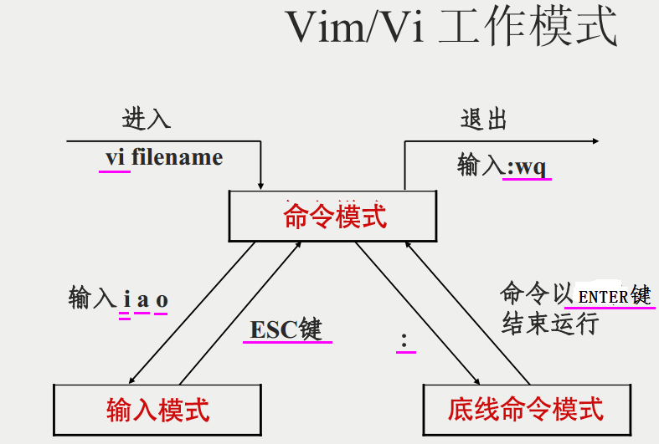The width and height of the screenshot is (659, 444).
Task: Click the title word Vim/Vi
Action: (356, 28)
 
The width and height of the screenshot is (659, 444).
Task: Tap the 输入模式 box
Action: (157, 409)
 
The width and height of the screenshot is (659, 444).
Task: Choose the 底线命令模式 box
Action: (525, 409)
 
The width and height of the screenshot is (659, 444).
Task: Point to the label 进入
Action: (147, 119)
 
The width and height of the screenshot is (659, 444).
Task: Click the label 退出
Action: (484, 119)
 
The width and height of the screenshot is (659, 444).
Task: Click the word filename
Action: (177, 157)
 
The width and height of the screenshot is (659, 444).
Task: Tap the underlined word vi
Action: (115, 157)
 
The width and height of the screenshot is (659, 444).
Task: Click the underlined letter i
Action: (126, 299)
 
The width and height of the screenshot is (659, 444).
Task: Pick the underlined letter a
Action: (142, 299)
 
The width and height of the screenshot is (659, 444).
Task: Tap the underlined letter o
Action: (162, 299)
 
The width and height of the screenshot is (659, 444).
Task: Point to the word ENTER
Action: (603, 297)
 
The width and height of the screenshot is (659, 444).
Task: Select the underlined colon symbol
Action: (404, 339)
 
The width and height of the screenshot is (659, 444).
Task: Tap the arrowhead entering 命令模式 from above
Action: (261, 184)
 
